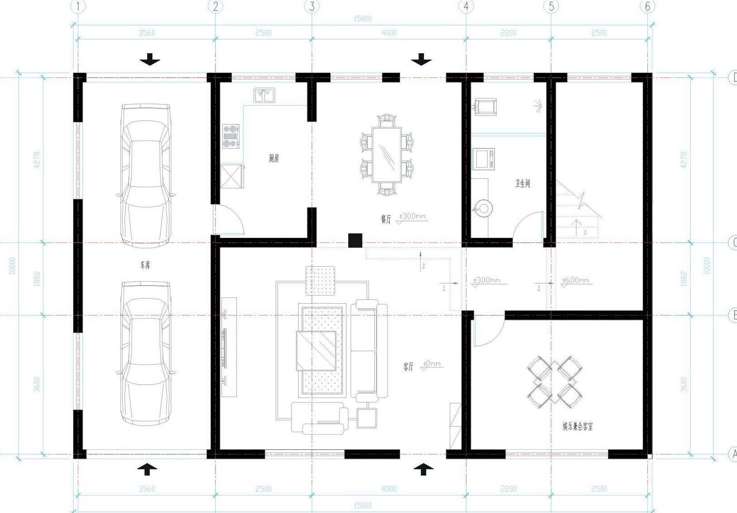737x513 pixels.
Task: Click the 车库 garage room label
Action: pos(145,265)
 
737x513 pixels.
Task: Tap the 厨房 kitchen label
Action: pos(274,158)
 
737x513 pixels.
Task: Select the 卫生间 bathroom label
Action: pos(522,183)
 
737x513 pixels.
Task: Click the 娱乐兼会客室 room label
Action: pos(577,426)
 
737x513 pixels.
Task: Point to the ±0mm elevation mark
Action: pos(432,364)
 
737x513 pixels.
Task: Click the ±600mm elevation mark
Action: pos(576,280)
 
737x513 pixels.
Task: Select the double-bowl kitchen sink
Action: pos(264,95)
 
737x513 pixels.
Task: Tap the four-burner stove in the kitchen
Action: pos(230,136)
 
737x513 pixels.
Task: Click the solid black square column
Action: pos(355,240)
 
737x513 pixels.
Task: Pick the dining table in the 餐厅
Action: pos(387,155)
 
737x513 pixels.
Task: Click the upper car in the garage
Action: pos(146,176)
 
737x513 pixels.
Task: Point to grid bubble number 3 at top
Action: pos(312,6)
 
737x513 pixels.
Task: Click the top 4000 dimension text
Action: pos(389,32)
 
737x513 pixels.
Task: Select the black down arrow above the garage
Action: pos(149,59)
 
